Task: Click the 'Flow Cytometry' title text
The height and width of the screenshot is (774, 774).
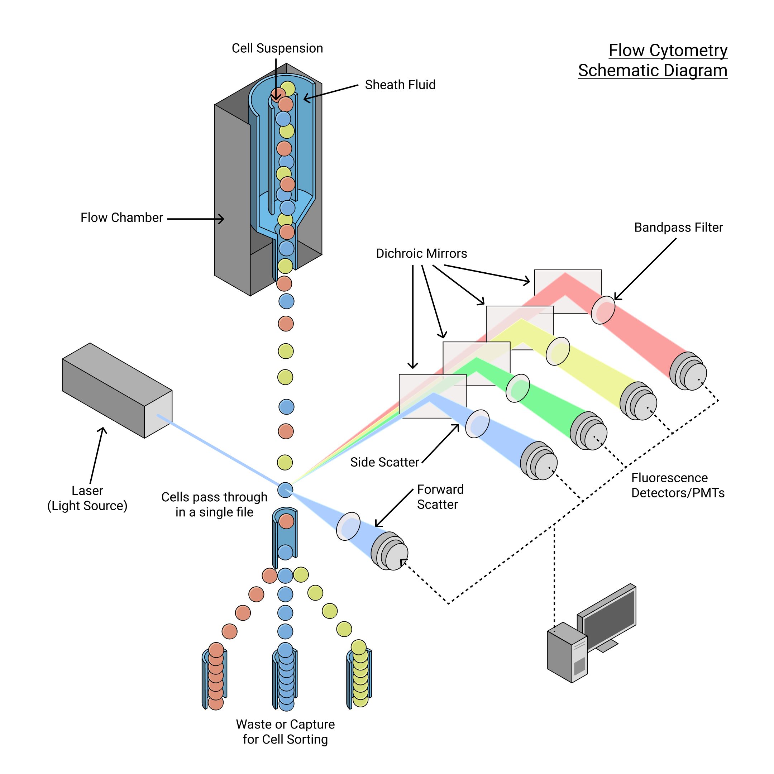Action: [x=668, y=51]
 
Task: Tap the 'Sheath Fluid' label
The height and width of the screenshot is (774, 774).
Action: [x=400, y=85]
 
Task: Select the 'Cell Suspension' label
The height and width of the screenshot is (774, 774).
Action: [x=277, y=48]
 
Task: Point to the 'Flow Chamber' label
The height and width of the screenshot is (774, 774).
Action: [x=121, y=218]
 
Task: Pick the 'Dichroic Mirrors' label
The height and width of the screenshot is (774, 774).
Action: [x=421, y=254]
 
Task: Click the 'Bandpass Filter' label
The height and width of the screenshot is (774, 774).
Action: [x=678, y=228]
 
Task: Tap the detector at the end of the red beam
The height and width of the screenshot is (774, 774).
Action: [x=689, y=372]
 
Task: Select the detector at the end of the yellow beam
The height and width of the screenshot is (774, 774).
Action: [x=639, y=401]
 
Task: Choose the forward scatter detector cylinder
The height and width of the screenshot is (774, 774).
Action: [x=390, y=552]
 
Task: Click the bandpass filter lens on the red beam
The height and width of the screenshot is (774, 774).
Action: [x=603, y=310]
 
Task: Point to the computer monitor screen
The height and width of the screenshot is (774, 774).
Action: [x=609, y=613]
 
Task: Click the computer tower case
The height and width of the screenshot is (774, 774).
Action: [x=566, y=653]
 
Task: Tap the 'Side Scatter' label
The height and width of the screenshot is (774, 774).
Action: [x=384, y=462]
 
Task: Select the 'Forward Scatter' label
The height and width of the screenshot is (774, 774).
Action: [x=440, y=497]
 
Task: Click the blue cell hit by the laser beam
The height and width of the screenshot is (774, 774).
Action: [x=285, y=490]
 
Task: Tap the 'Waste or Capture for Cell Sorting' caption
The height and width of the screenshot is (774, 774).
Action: [x=285, y=731]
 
